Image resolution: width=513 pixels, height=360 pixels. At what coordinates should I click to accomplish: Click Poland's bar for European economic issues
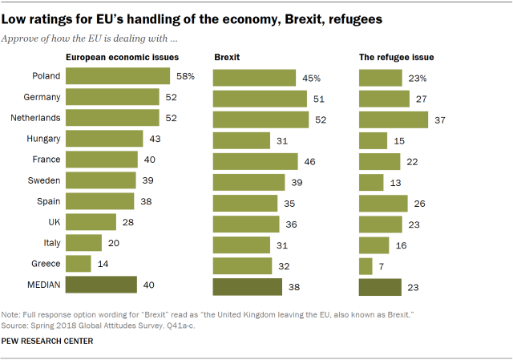(x=118, y=77)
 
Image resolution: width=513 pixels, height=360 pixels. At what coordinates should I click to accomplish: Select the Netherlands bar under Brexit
(x=261, y=119)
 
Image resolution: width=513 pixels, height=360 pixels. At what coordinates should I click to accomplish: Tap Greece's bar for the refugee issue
(x=366, y=266)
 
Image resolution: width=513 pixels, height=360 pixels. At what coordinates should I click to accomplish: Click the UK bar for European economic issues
(x=91, y=221)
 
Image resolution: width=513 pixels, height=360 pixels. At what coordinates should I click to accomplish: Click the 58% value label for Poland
(x=184, y=77)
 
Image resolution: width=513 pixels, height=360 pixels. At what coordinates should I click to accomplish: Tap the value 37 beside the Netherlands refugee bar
(x=438, y=119)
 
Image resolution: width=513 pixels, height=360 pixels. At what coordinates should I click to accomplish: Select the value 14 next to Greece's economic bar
(x=102, y=263)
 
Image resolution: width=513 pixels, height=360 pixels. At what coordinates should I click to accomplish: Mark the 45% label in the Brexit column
(x=312, y=78)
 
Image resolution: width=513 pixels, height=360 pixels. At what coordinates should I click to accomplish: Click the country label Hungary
(x=43, y=139)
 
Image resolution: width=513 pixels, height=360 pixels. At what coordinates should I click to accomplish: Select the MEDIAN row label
(x=42, y=284)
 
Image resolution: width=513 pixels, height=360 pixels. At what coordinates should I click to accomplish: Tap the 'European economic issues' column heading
(x=121, y=58)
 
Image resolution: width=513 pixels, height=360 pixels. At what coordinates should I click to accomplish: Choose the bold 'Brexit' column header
(x=227, y=58)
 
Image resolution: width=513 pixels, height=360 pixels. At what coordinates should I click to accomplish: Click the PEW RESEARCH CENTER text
(x=47, y=342)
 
